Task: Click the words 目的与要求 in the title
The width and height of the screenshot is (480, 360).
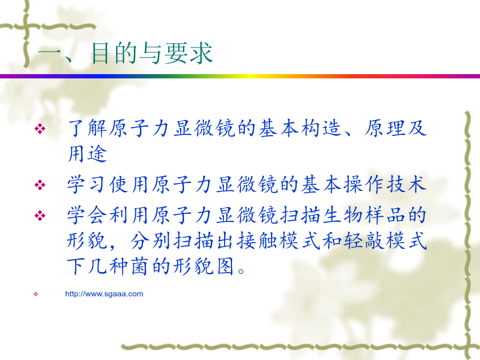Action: coord(152,53)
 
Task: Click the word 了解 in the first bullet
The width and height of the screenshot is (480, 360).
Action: coord(88,128)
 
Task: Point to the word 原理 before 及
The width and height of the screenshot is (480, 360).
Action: coord(385,128)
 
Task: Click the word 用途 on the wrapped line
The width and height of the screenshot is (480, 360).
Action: coord(87,154)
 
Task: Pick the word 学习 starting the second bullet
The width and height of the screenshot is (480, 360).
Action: coord(87,185)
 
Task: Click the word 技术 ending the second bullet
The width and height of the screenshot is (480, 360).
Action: coord(406,185)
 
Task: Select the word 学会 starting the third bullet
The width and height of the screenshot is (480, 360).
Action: coord(87,215)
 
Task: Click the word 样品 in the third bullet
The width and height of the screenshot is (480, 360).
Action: coord(385,215)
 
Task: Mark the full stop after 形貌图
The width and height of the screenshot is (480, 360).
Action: coord(241,271)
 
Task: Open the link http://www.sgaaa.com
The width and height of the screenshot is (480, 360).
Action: coord(104,294)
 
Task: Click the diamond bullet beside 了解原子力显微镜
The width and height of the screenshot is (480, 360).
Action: coord(40,129)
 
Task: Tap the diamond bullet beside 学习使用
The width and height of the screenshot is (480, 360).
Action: coord(40,185)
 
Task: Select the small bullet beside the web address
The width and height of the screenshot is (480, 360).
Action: coord(36,294)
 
